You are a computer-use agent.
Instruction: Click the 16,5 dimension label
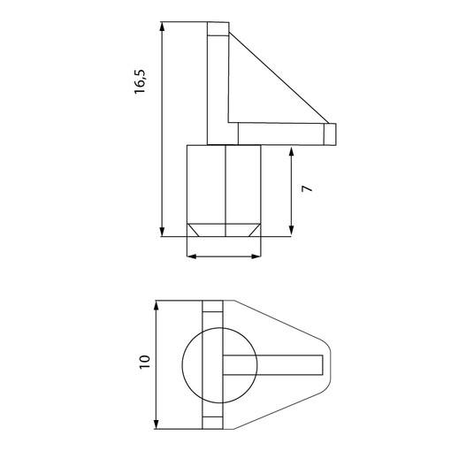[140, 81]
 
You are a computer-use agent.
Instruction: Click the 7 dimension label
[307, 188]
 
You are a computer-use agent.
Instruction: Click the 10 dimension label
[145, 362]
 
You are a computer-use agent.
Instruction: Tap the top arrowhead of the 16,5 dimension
[162, 27]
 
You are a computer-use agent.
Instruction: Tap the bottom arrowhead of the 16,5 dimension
[162, 232]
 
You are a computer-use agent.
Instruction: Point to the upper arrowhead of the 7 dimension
[291, 152]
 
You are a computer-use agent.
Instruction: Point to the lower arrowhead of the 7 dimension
[291, 230]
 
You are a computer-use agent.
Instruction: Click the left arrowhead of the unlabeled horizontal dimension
[192, 256]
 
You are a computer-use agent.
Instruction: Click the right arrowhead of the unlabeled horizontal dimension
[256, 256]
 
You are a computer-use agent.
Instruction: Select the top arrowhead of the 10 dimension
[157, 305]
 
